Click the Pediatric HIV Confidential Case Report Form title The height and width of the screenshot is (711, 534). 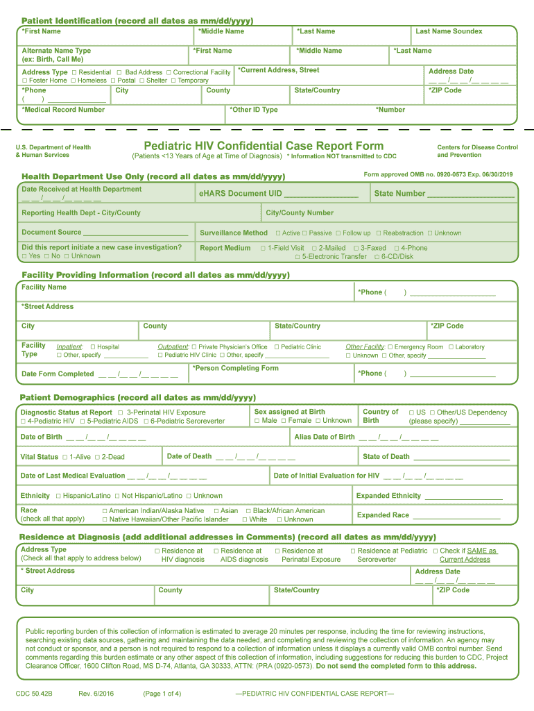tap(263, 146)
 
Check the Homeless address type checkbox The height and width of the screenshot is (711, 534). tap(74, 81)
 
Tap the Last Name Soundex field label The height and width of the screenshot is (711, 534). tap(449, 31)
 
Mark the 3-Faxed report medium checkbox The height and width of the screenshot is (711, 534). tap(356, 248)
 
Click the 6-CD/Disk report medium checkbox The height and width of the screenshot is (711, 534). tap(377, 257)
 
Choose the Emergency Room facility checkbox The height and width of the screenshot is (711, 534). tap(390, 347)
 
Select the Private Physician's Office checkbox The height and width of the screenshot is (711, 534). tap(194, 347)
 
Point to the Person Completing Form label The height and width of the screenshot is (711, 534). tap(235, 368)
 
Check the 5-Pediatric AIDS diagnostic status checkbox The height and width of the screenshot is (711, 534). tap(82, 421)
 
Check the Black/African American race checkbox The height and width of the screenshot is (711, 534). tap(248, 511)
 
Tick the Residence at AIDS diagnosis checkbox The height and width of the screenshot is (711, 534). tap(216, 551)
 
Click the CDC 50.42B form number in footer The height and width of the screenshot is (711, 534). tap(34, 694)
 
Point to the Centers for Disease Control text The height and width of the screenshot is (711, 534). tap(477, 147)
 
